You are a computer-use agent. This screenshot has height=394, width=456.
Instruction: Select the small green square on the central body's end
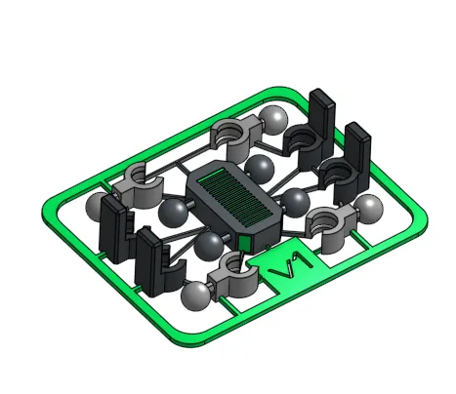(244, 240)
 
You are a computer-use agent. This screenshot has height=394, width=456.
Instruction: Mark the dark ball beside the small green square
(209, 245)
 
